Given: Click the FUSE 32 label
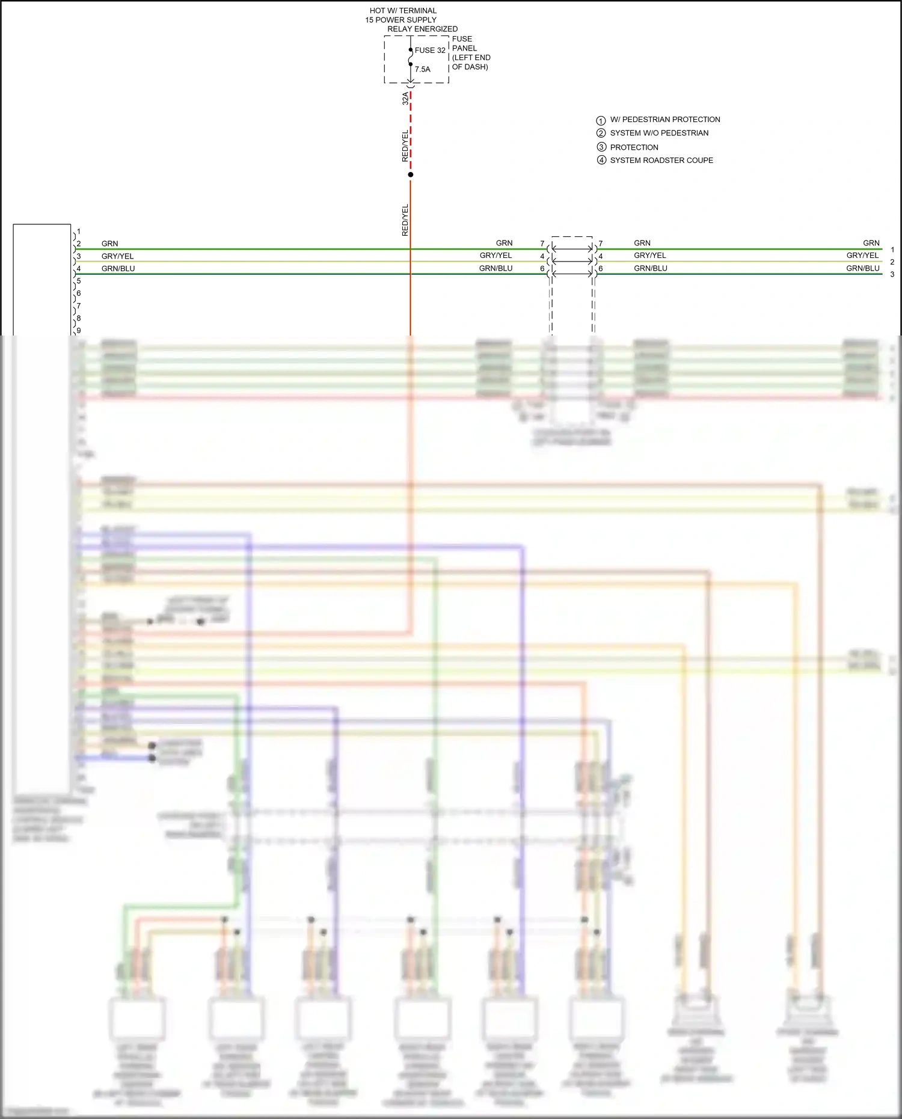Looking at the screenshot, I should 430,51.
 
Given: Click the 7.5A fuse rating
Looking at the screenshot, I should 422,69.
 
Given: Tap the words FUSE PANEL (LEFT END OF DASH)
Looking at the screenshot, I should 471,53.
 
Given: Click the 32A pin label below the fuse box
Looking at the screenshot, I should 405,98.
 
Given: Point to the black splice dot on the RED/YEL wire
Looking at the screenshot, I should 411,174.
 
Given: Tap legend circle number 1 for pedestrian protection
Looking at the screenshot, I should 601,120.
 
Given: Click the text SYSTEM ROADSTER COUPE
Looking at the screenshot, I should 661,161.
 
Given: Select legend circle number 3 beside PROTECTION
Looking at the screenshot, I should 601,147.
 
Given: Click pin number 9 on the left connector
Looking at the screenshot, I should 79,330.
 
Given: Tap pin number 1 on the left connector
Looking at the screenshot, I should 79,231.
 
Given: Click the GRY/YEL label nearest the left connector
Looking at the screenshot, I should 117,256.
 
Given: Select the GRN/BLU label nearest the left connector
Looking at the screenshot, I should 118,269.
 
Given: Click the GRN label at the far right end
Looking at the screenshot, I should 871,243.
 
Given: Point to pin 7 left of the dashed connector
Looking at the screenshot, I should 542,244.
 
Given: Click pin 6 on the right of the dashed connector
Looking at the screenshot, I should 600,269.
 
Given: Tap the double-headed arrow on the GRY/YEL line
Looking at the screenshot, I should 572,261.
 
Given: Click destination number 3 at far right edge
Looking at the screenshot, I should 892,274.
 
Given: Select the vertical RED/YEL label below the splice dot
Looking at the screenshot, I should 405,219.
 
